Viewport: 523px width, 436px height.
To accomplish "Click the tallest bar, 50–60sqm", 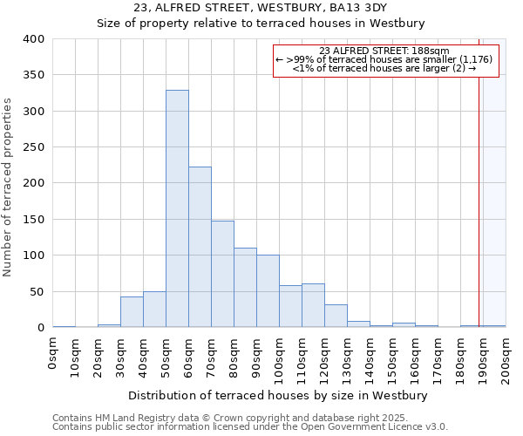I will tap(177, 209).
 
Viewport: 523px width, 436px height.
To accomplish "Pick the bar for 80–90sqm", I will tap(245, 288).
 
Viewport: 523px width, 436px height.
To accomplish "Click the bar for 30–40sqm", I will tap(132, 312).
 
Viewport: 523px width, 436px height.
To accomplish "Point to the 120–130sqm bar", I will tap(336, 316).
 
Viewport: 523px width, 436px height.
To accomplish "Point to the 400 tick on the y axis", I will tap(34, 39).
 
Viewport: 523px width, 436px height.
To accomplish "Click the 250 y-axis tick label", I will tap(34, 147).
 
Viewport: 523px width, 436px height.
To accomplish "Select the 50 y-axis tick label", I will tap(37, 291).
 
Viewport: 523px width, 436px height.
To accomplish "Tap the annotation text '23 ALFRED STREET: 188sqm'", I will tap(384, 51).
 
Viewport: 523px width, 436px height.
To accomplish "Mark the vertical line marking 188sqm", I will tap(479, 192).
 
